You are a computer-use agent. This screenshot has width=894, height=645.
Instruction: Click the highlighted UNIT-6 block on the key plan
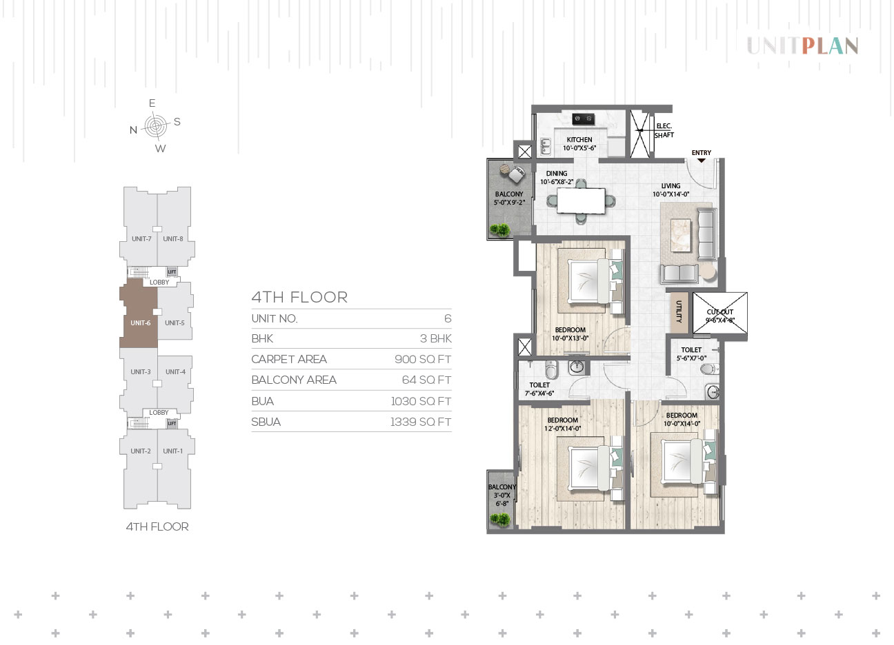tap(139, 315)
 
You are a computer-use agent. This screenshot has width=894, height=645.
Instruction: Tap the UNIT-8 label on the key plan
tap(173, 239)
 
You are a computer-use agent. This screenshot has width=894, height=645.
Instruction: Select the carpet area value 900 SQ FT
tap(423, 359)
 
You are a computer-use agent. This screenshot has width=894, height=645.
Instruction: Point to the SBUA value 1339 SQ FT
tap(421, 422)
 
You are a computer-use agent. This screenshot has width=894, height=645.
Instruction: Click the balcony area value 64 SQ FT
tap(426, 380)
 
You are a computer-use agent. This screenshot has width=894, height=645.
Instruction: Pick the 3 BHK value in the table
tap(435, 338)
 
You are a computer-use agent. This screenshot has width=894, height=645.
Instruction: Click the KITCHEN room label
tap(579, 139)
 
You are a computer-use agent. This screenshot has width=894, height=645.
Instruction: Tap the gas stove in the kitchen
tap(583, 119)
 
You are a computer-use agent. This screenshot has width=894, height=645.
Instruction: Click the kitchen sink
tap(545, 147)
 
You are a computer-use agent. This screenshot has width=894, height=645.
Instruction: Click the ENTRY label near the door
tap(702, 153)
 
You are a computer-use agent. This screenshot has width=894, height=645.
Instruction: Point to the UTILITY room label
tap(679, 311)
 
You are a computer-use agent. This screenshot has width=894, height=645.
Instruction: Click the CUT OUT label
tap(719, 311)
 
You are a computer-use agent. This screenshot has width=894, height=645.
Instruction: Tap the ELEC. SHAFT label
tap(664, 130)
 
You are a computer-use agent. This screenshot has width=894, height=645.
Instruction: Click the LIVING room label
tap(670, 186)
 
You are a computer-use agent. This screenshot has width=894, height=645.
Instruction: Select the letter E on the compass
tap(152, 103)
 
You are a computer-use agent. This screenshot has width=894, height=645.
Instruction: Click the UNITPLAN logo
tap(802, 45)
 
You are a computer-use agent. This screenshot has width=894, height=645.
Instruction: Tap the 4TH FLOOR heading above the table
tap(299, 298)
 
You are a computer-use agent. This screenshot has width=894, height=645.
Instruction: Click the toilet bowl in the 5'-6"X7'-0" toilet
tap(708, 369)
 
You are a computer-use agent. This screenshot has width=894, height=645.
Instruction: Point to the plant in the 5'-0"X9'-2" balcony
tap(499, 229)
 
